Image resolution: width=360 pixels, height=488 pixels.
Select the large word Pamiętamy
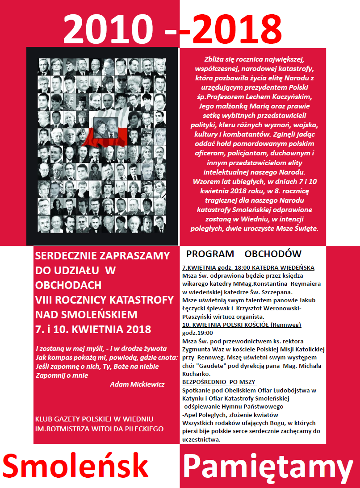click(x=268, y=467)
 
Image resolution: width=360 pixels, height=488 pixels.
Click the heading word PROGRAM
click(x=210, y=254)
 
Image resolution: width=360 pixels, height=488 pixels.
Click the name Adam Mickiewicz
click(x=137, y=384)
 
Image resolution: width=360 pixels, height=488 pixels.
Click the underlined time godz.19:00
click(x=197, y=333)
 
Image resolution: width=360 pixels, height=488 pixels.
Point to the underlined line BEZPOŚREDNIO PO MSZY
click(x=218, y=382)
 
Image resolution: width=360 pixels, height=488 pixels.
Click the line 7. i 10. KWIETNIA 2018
click(x=93, y=330)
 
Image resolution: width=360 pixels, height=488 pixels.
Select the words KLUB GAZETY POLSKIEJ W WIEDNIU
click(x=94, y=419)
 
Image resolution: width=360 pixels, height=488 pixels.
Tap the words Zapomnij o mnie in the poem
click(x=62, y=375)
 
